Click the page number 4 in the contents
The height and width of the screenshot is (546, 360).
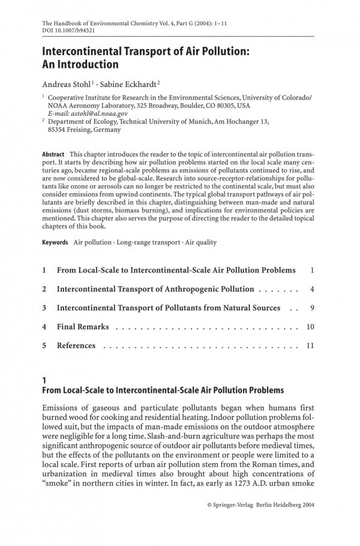313,289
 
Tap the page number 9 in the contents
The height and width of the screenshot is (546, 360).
313,308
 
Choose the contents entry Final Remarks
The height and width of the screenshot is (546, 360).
83,327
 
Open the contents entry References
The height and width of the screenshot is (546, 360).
76,346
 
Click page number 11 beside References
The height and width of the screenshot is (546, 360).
310,346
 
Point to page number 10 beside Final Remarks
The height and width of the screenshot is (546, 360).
310,327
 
